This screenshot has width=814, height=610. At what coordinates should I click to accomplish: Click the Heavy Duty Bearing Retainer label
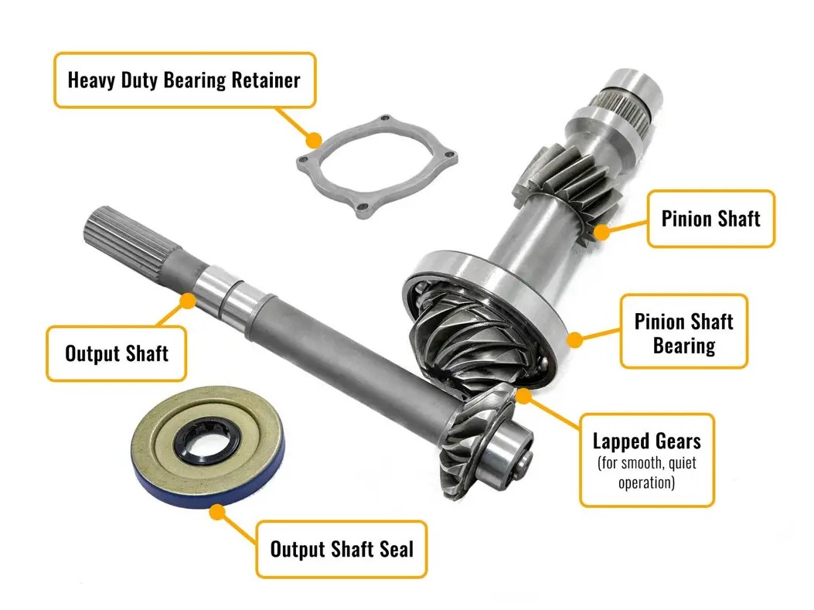point(184,80)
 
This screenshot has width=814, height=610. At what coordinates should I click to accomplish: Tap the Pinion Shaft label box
point(710,219)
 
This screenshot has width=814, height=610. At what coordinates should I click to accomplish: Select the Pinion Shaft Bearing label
point(683,332)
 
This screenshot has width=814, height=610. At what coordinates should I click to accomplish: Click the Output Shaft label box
point(117,353)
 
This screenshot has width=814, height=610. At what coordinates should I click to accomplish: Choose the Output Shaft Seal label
point(341,549)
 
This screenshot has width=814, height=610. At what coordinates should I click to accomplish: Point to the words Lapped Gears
point(646,441)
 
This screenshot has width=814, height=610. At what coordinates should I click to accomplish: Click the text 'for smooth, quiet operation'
point(646,474)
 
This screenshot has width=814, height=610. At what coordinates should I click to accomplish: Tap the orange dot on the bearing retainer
point(313,141)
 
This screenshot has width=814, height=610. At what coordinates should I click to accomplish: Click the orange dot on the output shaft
point(186,299)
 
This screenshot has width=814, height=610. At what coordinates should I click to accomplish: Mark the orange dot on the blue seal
point(218,513)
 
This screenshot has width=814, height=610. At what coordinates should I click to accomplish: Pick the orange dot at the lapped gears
point(524,397)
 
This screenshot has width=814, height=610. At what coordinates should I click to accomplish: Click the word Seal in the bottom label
point(395,549)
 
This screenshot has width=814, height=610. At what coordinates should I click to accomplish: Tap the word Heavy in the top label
point(93,80)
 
